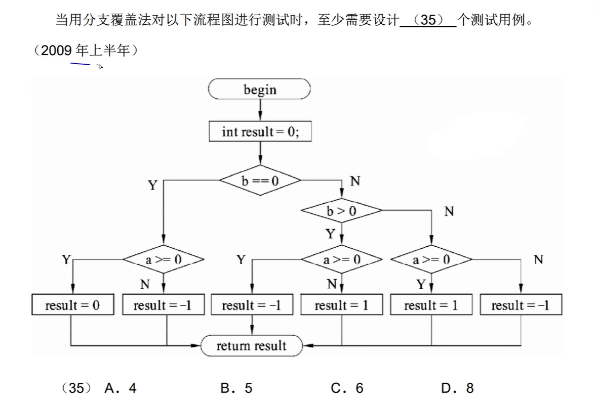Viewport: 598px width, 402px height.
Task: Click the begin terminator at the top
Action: click(x=260, y=90)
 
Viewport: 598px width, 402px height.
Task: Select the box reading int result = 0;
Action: click(x=260, y=132)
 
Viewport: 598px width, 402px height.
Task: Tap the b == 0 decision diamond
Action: click(x=260, y=181)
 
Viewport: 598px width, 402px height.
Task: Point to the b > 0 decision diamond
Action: click(x=341, y=211)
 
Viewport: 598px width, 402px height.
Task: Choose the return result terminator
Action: click(x=251, y=346)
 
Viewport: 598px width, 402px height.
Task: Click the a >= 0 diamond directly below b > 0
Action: click(x=341, y=260)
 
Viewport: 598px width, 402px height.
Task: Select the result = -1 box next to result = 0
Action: click(x=163, y=305)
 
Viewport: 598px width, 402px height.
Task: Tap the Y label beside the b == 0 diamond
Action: click(x=152, y=186)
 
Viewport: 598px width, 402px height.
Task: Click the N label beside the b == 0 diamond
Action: click(x=355, y=181)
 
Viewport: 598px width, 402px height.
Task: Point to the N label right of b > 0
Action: click(x=449, y=211)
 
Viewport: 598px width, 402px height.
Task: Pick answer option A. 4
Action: click(x=120, y=388)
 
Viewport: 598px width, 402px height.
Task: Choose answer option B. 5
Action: click(x=236, y=388)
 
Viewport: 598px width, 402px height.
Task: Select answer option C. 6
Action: click(x=347, y=388)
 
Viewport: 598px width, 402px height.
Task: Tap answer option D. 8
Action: click(x=457, y=388)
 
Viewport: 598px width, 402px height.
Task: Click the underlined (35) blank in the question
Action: click(x=428, y=21)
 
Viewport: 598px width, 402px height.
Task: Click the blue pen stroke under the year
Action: click(x=80, y=64)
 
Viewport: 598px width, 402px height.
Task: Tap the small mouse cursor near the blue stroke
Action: click(x=100, y=66)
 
